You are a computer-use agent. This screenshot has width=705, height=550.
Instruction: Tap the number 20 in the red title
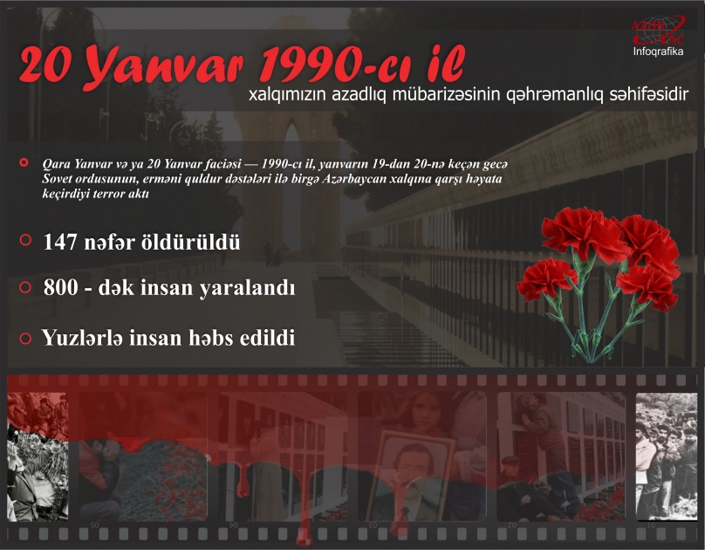47,67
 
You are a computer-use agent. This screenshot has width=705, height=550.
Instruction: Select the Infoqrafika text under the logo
657,51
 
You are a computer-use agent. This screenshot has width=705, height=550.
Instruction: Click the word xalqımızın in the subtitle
289,93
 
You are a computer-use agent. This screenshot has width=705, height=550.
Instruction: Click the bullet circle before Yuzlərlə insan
25,338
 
